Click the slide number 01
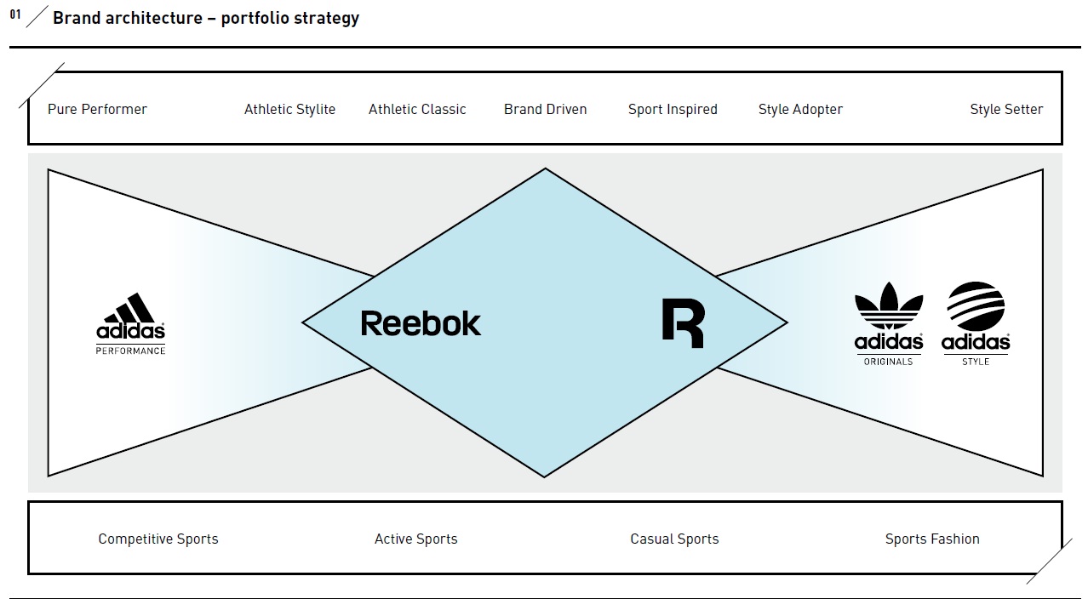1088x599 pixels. tap(15, 14)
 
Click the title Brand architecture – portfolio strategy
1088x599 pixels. tap(206, 18)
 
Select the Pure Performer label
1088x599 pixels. tap(97, 109)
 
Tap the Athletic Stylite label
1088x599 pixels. tap(289, 109)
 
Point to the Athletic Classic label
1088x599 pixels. tap(417, 109)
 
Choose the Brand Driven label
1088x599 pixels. tap(545, 109)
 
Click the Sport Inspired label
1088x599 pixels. tap(673, 109)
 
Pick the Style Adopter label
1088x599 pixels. tap(800, 109)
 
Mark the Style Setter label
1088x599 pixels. tap(1006, 109)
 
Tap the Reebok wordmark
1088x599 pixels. tap(421, 323)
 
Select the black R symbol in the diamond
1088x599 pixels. tap(683, 323)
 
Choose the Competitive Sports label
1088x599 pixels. tap(158, 539)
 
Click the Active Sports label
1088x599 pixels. tap(415, 539)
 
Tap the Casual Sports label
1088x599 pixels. tap(674, 539)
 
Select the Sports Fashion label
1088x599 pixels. tap(932, 539)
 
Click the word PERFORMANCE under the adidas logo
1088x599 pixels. tap(130, 351)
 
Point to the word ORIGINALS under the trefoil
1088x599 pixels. tap(888, 362)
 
